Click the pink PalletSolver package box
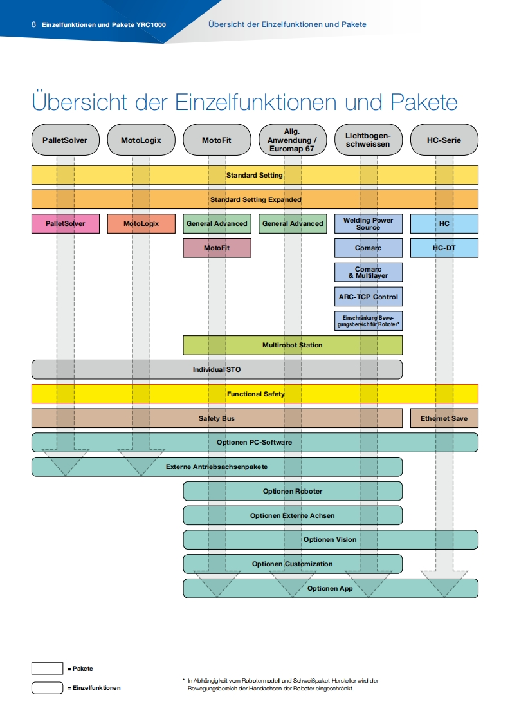pos(66,223)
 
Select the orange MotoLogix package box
pos(141,223)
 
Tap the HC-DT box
pos(444,248)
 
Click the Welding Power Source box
pos(369,223)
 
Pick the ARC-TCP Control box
pos(369,297)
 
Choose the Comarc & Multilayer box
pos(369,272)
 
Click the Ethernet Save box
pos(444,418)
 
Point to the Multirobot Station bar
pos(293,345)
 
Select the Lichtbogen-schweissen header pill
pos(369,140)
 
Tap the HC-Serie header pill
pos(444,140)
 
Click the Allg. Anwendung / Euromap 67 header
pos(293,140)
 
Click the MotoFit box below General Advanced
pos(217,248)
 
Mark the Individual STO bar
pos(217,369)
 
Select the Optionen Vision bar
pos(330,539)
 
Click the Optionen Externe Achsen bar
pos(293,515)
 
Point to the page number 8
pos(33,24)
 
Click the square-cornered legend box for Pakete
pos(47,669)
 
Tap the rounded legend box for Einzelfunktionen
pos(47,688)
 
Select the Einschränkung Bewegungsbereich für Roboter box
pos(369,321)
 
